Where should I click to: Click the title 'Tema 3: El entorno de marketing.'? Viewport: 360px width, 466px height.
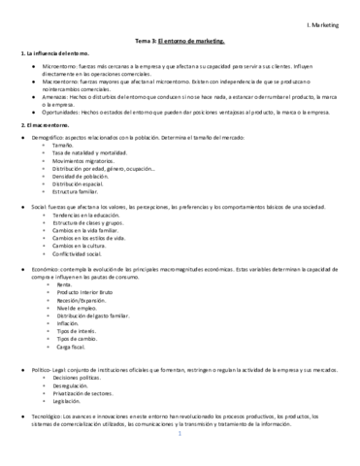180,42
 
